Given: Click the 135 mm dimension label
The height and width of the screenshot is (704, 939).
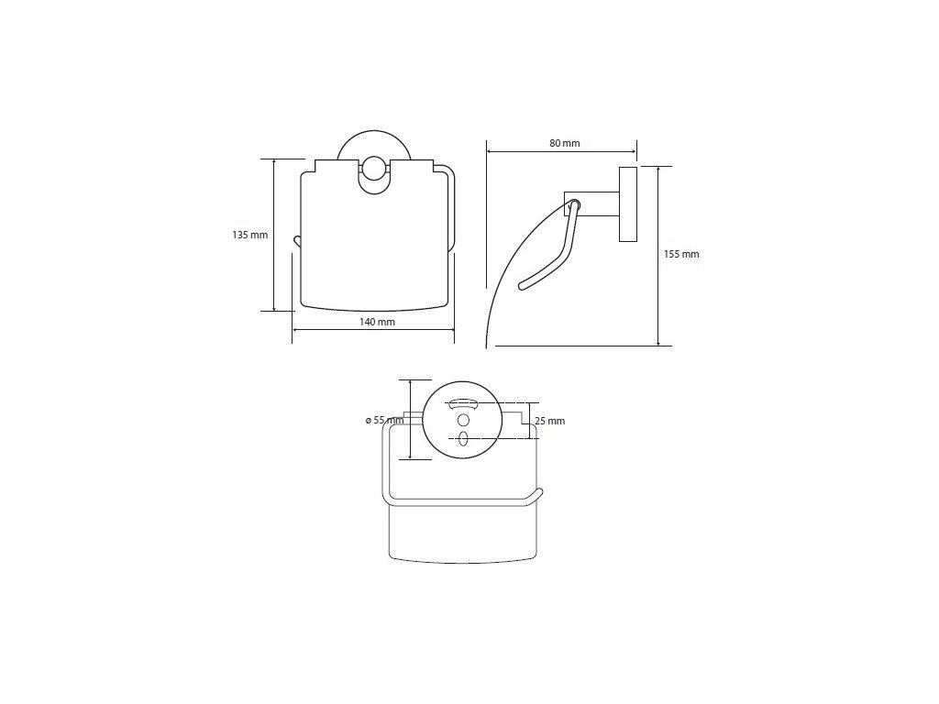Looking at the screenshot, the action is tap(249, 236).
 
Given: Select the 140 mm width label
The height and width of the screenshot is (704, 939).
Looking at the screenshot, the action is tap(377, 322).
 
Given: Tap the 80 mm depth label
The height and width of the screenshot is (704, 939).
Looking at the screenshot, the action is tap(564, 144).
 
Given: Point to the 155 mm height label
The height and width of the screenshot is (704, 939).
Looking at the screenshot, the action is tap(681, 255).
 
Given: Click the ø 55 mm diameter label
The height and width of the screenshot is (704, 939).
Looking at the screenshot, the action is tap(384, 420).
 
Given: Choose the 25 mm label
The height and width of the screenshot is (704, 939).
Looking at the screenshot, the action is tap(550, 421).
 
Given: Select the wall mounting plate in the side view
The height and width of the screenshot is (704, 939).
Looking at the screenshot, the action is tap(627, 204).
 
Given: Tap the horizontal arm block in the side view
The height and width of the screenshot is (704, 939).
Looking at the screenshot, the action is tap(591, 204).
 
